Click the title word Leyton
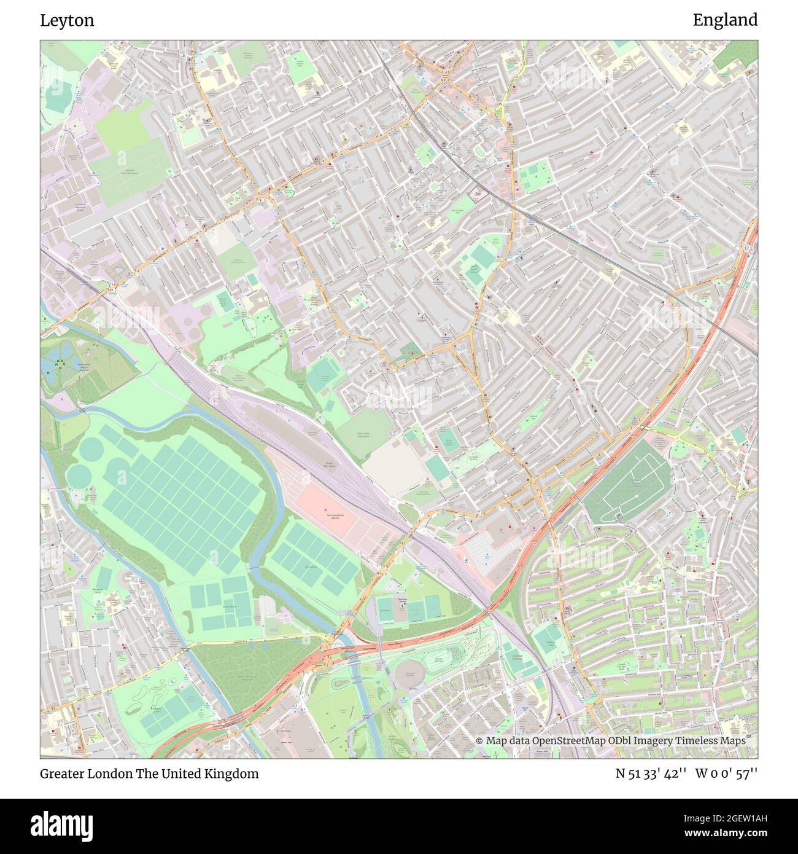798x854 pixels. point(67,20)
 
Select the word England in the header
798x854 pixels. point(725,20)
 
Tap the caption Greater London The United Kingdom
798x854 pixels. point(149,774)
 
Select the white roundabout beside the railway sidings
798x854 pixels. point(405,506)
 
